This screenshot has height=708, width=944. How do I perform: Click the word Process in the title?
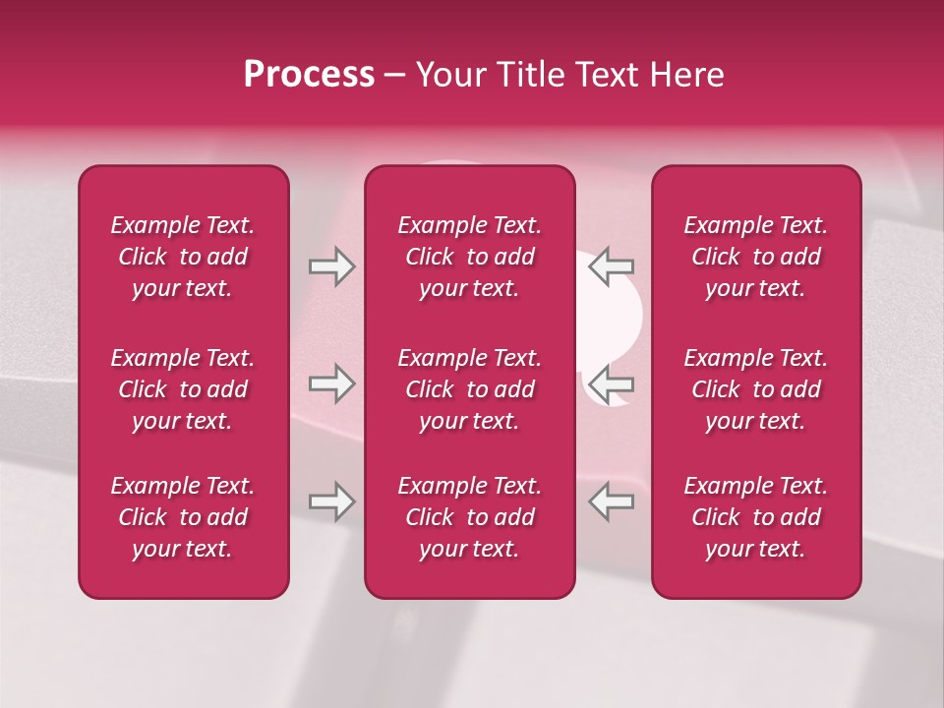tap(309, 75)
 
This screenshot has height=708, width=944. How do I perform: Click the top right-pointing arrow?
tap(331, 266)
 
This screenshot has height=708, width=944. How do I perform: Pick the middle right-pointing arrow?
tap(331, 383)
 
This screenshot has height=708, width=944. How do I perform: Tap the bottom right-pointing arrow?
tap(331, 501)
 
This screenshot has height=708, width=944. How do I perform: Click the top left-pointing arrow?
tap(611, 266)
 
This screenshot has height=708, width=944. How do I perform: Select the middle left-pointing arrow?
tap(611, 383)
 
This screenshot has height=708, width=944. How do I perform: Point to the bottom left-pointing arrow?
tap(611, 501)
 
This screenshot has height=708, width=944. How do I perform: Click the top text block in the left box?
tap(183, 257)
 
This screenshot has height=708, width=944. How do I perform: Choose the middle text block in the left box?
tap(183, 389)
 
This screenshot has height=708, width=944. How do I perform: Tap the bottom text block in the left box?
tap(183, 517)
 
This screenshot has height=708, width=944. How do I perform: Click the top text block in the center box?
tap(470, 257)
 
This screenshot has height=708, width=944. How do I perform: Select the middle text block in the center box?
tap(470, 389)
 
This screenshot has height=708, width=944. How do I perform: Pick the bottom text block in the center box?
tap(470, 517)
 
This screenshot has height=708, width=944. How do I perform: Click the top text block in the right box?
tap(756, 257)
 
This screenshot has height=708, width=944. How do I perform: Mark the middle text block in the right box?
tap(756, 389)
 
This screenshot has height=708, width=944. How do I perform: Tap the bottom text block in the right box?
tap(756, 517)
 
